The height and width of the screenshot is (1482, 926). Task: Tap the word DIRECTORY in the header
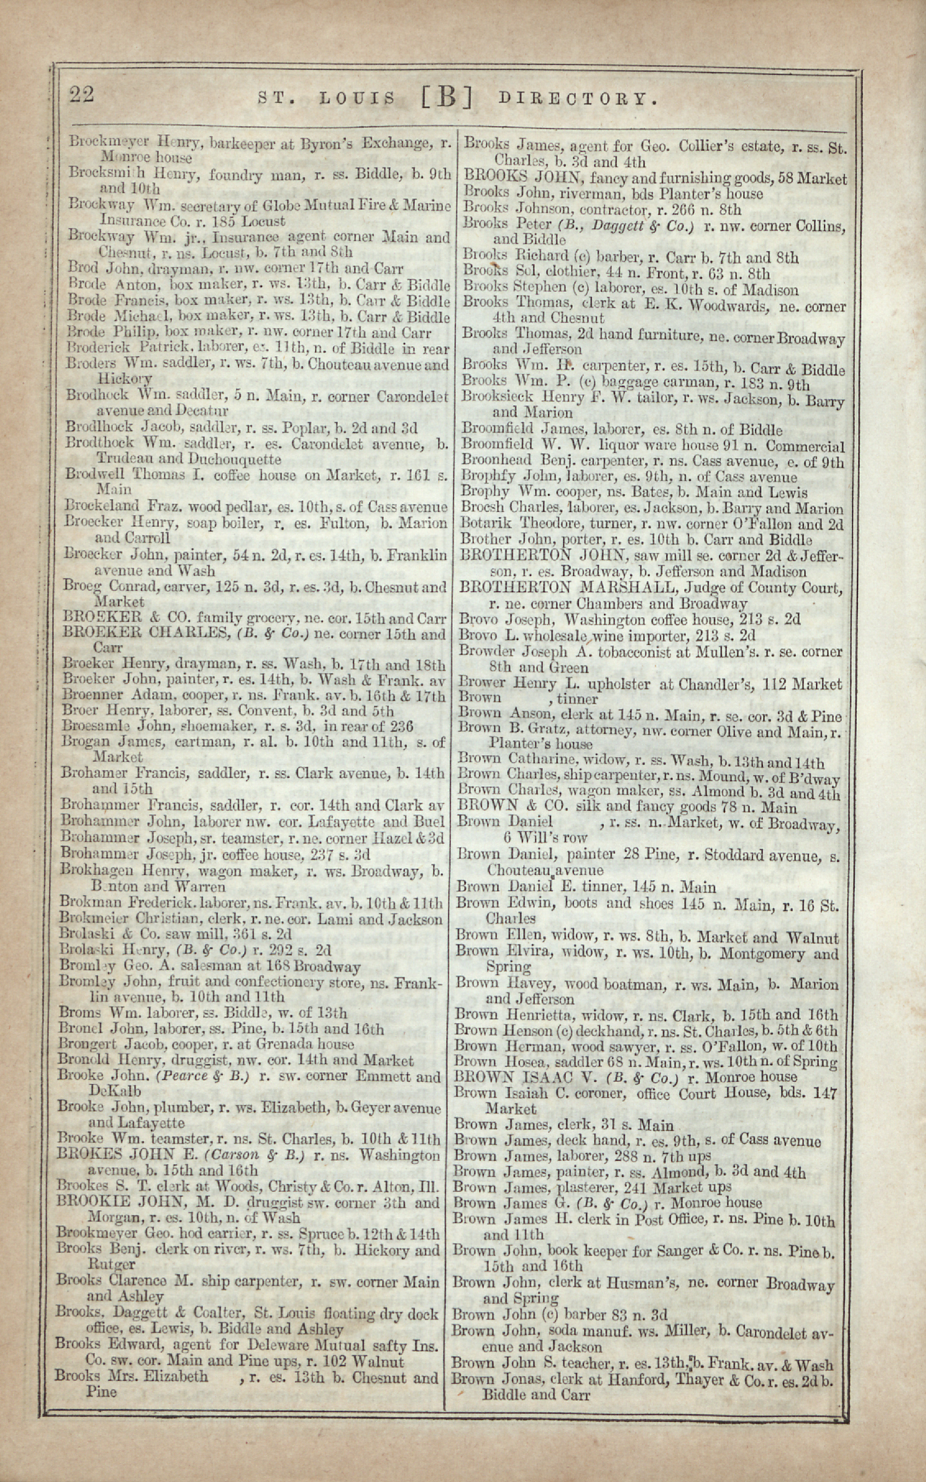(x=579, y=98)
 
